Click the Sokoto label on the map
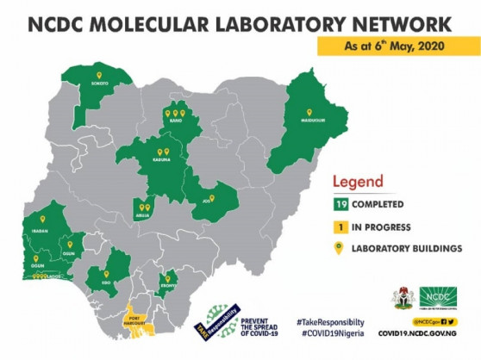[99, 84]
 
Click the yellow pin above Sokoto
[99, 74]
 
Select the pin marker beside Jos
[212, 196]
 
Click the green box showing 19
[341, 206]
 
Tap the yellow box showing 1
[341, 227]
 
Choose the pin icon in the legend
[341, 250]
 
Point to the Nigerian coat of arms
[400, 295]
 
